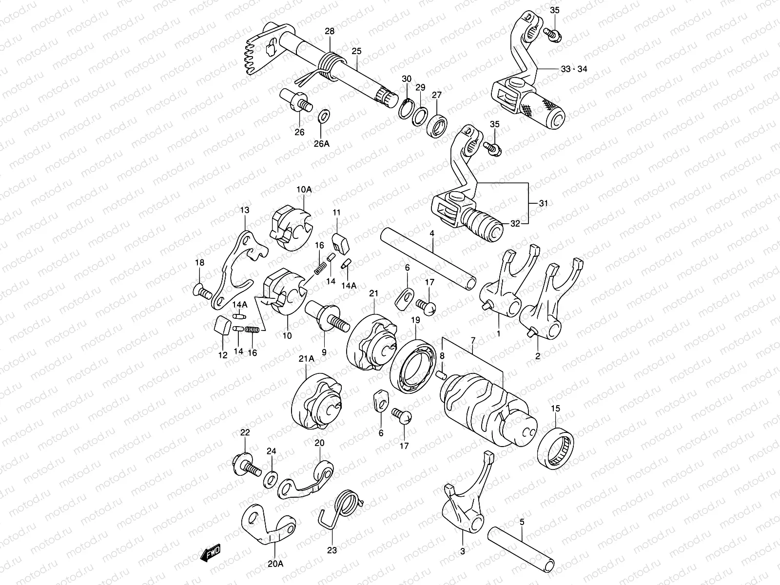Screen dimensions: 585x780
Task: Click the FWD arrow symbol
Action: pos(211,552)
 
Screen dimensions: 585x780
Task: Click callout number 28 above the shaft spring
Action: pos(330,32)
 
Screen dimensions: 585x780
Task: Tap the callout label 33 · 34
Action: pos(573,69)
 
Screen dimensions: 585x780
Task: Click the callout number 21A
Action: pos(306,359)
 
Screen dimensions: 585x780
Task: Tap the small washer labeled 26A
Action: pos(322,117)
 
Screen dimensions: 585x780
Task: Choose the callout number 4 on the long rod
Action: pos(431,234)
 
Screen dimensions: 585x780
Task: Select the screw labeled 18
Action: pos(203,292)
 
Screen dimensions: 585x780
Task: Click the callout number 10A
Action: pos(303,189)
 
